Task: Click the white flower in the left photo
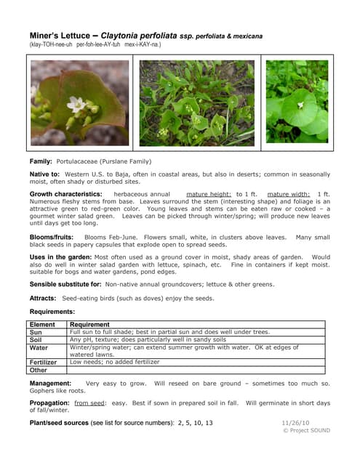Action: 76,105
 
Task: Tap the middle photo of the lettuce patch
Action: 196,103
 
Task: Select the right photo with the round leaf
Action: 297,102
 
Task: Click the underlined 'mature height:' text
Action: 209,195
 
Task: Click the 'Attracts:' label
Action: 43,299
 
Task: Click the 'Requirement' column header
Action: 89,325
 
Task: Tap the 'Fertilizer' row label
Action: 43,362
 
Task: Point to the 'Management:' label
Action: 50,383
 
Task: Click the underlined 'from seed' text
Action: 90,403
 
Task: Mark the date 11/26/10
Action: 295,422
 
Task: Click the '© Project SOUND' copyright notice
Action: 305,430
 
